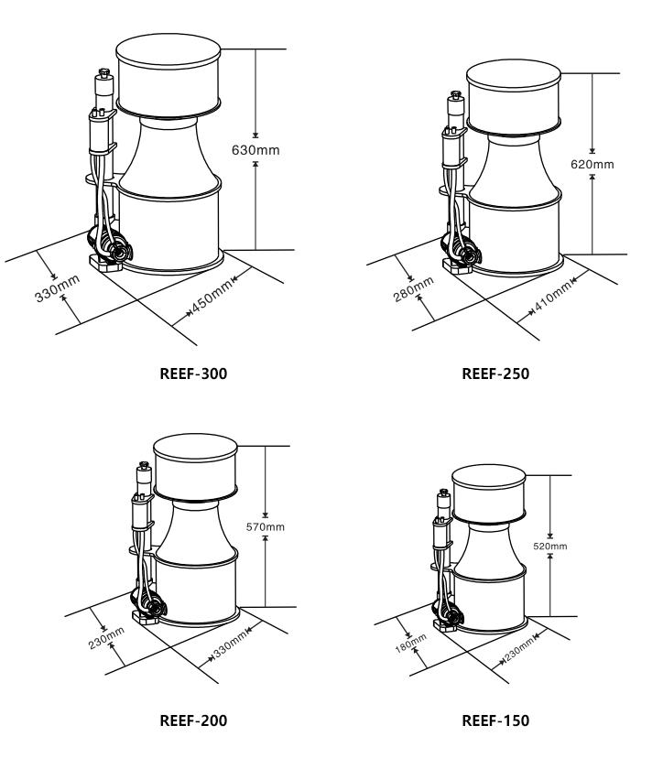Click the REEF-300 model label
pos(193,374)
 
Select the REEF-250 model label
pos(495,374)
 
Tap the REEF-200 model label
pos(193,720)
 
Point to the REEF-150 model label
pos(495,720)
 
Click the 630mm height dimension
pos(255,150)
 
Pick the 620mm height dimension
pos(592,165)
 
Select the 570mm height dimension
pos(265,527)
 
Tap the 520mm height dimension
pos(549,547)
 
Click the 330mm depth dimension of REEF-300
pos(57,288)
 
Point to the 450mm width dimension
pos(212,297)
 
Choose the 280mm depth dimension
pos(414,289)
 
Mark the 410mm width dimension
pos(553,297)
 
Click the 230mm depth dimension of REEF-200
pos(106,638)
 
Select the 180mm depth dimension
pos(410,644)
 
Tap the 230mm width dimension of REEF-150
pos(519,648)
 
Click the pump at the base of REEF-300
pos(110,246)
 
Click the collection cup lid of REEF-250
pos(514,75)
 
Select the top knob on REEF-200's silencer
pos(144,466)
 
